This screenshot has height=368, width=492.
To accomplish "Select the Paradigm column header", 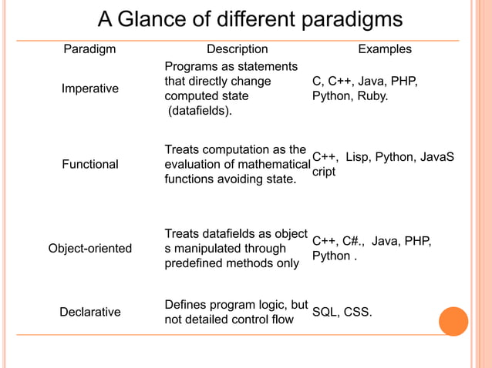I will point(89,49).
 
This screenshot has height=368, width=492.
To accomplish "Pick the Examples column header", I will point(384,49).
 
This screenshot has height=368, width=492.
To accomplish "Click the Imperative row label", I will point(90,89).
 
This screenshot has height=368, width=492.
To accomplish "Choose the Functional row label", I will point(90,164).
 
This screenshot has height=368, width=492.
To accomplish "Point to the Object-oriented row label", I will point(90,248).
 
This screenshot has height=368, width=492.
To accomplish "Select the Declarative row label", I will point(90,312).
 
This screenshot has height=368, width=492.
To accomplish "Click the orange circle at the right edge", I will point(453,321).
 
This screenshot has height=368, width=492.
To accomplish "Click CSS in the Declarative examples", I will point(357,312).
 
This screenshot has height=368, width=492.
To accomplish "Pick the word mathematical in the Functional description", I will point(270,164).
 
